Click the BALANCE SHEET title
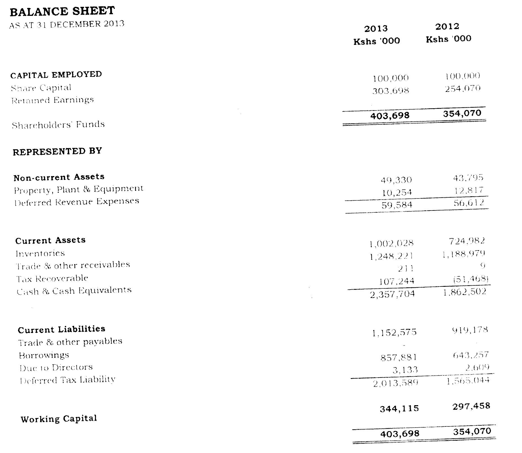coord(62,11)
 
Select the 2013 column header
coord(376,28)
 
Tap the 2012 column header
coord(447,27)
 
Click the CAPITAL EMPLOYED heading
coord(56,75)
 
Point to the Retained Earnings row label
coord(53,100)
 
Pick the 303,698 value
coord(390,91)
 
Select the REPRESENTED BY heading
coord(57,151)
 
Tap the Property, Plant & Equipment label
coord(79,189)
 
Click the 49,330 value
coord(396,180)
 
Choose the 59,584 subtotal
coord(397,205)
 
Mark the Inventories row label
coord(40,253)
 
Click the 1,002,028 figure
coord(391,243)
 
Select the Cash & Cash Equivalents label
coord(74,291)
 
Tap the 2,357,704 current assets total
coord(392,294)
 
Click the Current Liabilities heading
coord(62,329)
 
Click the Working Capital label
coord(59,419)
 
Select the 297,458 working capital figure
coord(471,406)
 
